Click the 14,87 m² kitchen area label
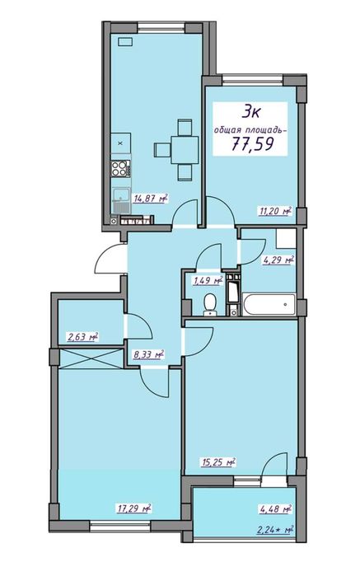pos(151,199)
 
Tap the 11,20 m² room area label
pos(276,211)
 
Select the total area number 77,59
pos(253,143)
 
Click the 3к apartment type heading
pos(251,112)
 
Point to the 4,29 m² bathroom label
pos(278,260)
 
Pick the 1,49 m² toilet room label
pos(208,281)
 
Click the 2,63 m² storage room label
pos(82,336)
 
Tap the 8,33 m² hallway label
pos(148,355)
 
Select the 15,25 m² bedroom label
pos(218,462)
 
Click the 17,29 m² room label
pos(135,508)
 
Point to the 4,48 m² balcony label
pos(276,508)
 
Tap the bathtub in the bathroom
pos(269,304)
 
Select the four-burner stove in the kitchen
pos(120,169)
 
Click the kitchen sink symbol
pos(121,200)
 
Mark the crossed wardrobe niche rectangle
pos(91,358)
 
